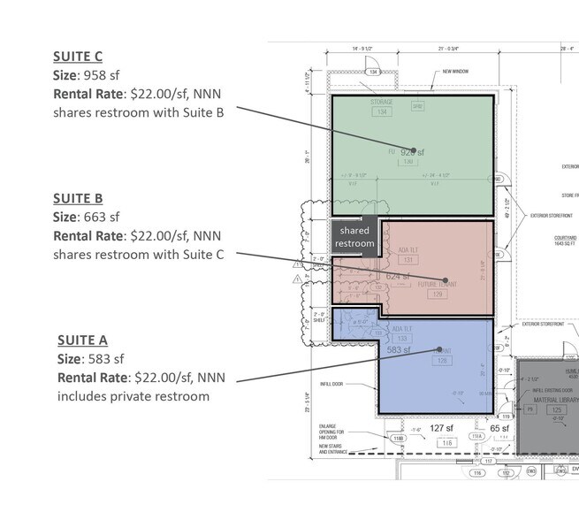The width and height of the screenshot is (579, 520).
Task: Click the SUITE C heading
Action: pos(78,59)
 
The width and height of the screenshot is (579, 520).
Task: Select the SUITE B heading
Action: pos(78,198)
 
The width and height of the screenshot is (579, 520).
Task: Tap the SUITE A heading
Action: pos(83,340)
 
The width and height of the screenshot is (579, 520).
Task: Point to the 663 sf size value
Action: pos(103,216)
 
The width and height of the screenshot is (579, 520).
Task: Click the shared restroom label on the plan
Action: pos(354,237)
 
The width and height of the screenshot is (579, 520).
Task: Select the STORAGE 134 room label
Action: pos(382,107)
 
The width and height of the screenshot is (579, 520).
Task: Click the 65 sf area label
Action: pos(500,428)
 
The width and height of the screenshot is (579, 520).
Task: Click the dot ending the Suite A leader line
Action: pos(437,350)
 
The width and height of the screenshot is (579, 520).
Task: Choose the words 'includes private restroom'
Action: pos(133,395)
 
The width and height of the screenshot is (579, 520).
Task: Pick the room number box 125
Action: pos(558,410)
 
